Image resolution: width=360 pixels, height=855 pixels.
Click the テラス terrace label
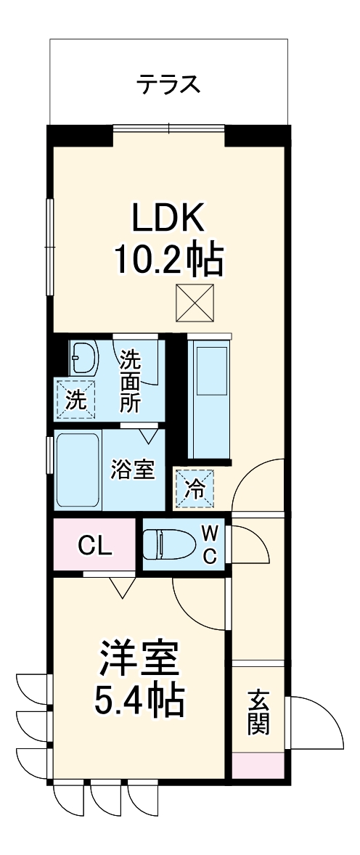[x=168, y=85]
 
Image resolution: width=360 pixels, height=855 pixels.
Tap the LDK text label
[x=168, y=217]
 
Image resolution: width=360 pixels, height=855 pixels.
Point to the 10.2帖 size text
[x=168, y=259]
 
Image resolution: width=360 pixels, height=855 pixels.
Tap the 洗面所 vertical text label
[x=130, y=381]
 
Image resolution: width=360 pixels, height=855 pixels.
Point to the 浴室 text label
[x=132, y=469]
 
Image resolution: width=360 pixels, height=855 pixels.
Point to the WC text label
[x=209, y=544]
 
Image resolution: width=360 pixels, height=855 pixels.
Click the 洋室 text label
[x=139, y=659]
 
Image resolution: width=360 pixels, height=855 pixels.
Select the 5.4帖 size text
[x=139, y=701]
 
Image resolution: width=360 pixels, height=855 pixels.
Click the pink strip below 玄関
[x=258, y=764]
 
